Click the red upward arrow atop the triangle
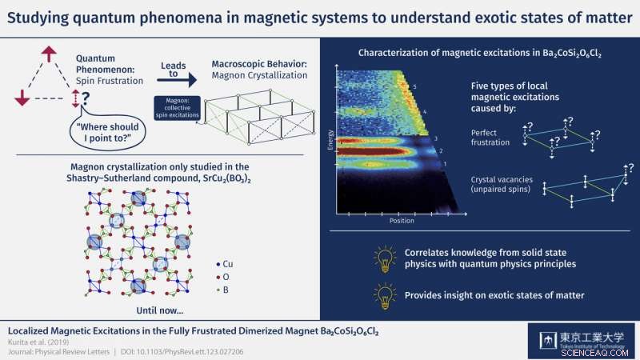coord(50,54)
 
